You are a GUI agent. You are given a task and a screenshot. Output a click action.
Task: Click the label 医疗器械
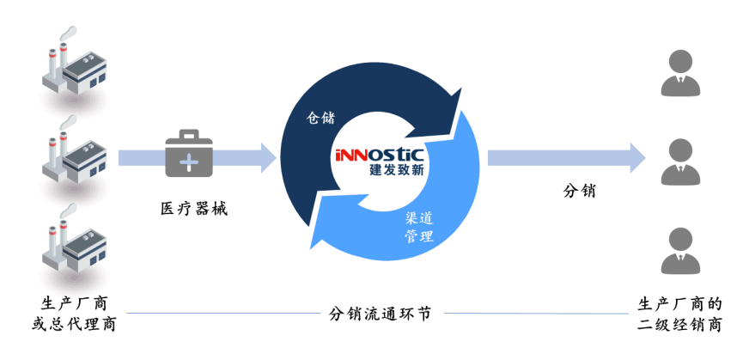194,208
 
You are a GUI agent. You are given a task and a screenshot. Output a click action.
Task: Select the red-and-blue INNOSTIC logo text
381,155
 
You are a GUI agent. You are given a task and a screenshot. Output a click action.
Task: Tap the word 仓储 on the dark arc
320,117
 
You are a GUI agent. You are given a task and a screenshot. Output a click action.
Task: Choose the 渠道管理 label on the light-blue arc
419,227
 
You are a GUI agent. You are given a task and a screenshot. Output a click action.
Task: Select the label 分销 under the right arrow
579,191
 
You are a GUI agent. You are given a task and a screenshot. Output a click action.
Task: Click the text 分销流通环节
380,314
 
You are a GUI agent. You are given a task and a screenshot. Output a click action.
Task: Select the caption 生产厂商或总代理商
74,314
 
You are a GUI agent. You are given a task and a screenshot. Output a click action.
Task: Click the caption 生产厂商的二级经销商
679,314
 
